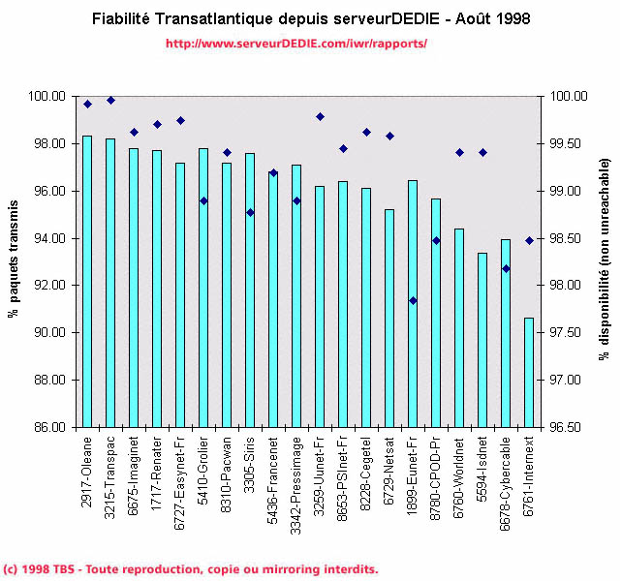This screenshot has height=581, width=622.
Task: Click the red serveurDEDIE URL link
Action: [x=296, y=45]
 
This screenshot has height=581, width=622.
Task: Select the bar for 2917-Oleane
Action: [x=87, y=281]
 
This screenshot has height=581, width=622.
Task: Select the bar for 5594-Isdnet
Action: [x=482, y=339]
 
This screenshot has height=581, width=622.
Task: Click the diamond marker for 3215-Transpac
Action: [x=110, y=100]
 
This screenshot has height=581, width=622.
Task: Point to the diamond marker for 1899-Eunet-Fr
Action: [x=412, y=300]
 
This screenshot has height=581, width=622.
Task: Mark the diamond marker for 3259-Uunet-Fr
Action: [x=320, y=116]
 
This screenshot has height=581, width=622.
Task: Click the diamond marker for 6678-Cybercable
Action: [x=505, y=268]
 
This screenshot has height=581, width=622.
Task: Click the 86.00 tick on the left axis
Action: [x=50, y=427]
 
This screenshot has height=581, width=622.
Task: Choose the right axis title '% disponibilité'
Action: [x=603, y=261]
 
